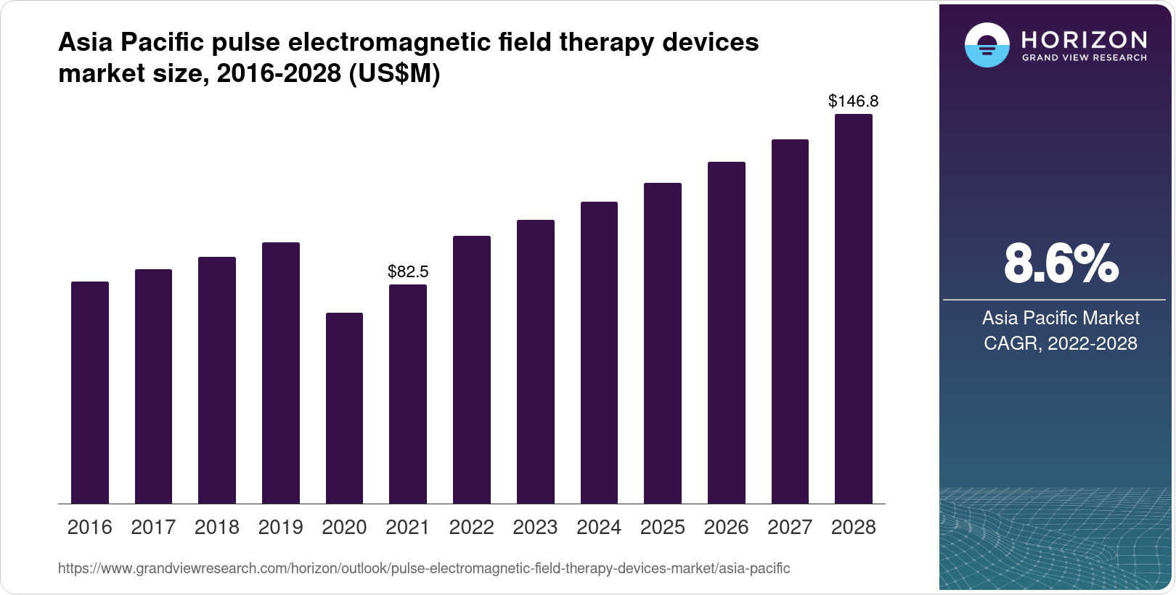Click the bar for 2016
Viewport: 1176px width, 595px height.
[x=90, y=393]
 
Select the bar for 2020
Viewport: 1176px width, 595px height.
[x=344, y=409]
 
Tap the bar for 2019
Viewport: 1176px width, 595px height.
[x=281, y=373]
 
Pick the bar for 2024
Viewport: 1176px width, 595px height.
[x=599, y=353]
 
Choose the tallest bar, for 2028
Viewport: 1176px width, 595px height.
[x=854, y=309]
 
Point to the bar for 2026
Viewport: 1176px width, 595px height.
[x=727, y=333]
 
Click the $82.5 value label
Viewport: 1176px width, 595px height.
[x=408, y=272]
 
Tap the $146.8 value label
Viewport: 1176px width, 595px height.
[x=854, y=102]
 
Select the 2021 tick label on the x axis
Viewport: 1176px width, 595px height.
[x=408, y=528]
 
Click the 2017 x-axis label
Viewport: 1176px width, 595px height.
[x=153, y=528]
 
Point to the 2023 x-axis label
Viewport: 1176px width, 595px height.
[x=535, y=528]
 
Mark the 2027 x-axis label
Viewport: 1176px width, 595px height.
[x=790, y=528]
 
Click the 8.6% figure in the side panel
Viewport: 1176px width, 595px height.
[x=1061, y=264]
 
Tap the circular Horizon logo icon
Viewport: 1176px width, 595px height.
[x=987, y=46]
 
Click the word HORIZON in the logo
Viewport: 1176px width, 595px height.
[x=1085, y=39]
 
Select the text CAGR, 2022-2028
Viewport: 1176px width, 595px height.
[x=1061, y=343]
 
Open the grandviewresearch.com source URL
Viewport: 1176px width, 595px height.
[x=424, y=569]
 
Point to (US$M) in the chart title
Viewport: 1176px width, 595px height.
[x=394, y=74]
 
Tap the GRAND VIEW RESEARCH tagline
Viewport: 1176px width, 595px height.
[x=1085, y=57]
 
